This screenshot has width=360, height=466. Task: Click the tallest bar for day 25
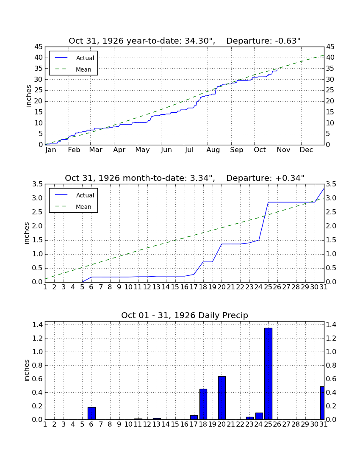point(268,374)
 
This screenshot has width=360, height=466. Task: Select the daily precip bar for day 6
point(91,413)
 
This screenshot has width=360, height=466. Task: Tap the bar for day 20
point(222,398)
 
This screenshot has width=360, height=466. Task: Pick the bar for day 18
point(203,404)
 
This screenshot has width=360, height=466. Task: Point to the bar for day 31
point(322,403)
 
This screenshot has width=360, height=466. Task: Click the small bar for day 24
point(259,416)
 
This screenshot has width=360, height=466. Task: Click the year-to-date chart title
point(185,41)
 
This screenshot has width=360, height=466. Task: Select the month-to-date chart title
point(185,178)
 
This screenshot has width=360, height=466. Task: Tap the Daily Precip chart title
point(185,315)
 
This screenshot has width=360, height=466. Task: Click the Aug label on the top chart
point(213,150)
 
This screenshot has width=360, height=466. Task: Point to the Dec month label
point(306,150)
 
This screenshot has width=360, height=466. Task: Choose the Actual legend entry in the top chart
point(73,58)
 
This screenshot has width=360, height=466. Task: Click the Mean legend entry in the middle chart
point(73,207)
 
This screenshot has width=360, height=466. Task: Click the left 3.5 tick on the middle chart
point(38,184)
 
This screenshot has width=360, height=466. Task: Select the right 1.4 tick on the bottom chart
point(332,325)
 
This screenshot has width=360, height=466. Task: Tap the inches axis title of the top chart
point(28,96)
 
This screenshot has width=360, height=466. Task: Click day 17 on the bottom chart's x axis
point(194,424)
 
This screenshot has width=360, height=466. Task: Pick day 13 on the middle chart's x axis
point(157,287)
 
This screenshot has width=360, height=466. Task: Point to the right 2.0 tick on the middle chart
point(332,226)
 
